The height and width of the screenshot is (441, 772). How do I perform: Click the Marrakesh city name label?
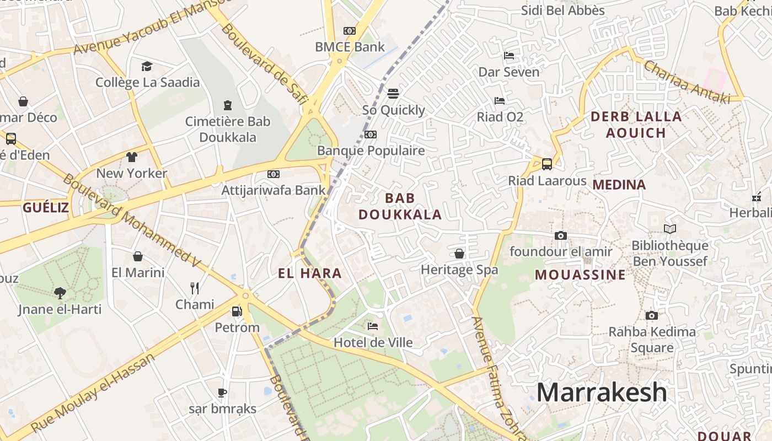pos(602,392)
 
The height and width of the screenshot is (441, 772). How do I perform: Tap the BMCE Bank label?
pos(350,47)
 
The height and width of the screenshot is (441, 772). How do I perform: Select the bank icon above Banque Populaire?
pos(371,135)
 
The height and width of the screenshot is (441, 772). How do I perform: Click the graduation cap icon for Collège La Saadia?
pos(147,67)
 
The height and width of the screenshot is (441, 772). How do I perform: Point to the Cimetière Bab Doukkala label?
pos(228,129)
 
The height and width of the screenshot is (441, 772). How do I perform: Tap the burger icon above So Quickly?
pos(393,93)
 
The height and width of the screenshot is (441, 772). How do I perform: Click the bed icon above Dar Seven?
pos(509,56)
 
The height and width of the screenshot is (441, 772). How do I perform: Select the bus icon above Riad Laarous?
pos(546,164)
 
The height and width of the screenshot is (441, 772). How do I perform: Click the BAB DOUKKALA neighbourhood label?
pos(400,206)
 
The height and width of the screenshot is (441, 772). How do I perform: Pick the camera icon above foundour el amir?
pos(561,236)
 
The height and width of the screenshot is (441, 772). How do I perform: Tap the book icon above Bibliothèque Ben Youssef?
pos(670,229)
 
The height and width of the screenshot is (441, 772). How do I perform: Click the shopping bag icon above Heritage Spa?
pos(459,254)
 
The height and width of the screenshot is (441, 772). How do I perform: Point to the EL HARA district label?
pos(309,273)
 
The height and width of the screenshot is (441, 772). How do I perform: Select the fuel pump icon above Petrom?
pos(237,311)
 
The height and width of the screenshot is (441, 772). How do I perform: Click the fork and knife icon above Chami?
pos(195,288)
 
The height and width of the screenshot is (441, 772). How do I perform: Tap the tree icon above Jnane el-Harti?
pos(60,293)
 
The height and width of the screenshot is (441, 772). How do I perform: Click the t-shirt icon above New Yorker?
pos(131,157)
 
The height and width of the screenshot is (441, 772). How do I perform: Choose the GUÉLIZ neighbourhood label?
pos(46,208)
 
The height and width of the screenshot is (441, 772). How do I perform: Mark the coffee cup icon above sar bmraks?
pos(222,392)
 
